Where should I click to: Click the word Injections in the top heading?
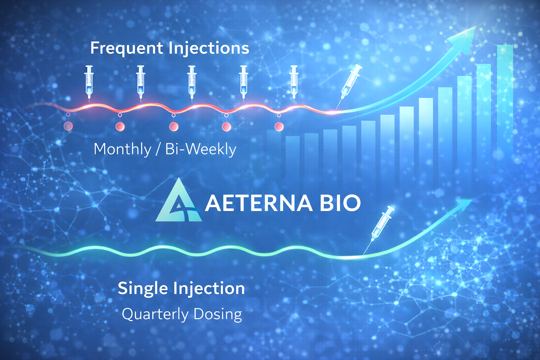click(209, 49)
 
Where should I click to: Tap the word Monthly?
click(122, 149)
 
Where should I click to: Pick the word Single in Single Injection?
click(143, 288)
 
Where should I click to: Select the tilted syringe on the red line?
click(350, 83)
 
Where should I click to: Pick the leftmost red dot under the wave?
click(68, 126)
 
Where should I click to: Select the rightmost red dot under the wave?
click(279, 126)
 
